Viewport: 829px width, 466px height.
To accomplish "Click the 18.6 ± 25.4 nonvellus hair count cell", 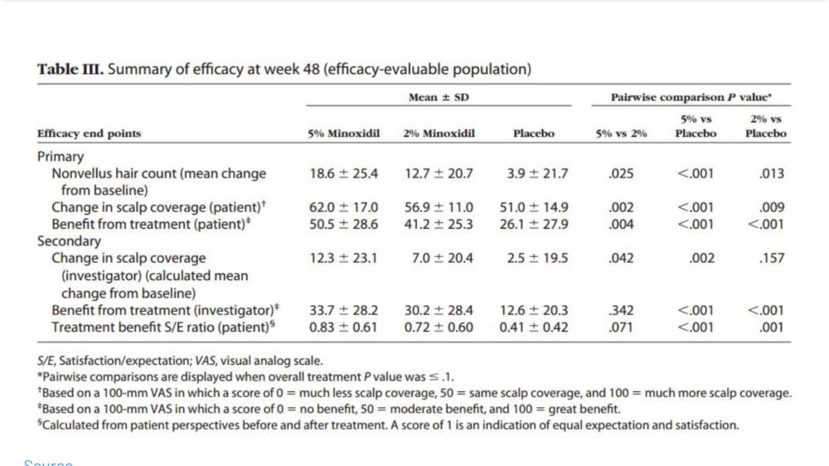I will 343,174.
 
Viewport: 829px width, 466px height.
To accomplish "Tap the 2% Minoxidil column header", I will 439,133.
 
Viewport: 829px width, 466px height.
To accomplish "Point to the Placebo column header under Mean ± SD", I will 534,133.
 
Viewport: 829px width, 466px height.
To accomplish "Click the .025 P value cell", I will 621,174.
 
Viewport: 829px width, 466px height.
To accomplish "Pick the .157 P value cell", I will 772,258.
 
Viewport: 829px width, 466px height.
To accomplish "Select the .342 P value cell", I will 621,311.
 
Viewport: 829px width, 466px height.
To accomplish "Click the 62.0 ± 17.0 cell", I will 343,207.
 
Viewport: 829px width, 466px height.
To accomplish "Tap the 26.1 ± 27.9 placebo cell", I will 538,224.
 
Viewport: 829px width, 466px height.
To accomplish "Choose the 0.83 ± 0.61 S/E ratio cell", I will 343,328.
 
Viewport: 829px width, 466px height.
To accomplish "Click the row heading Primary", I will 61,157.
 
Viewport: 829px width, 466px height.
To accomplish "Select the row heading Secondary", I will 69,241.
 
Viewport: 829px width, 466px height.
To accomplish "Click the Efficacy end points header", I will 90,133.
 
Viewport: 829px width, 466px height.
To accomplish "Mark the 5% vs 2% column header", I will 621,133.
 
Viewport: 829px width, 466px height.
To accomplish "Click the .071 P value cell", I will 621,328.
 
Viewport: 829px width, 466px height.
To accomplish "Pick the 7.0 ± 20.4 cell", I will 443,258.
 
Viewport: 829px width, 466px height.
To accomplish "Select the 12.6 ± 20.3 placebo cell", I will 538,311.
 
